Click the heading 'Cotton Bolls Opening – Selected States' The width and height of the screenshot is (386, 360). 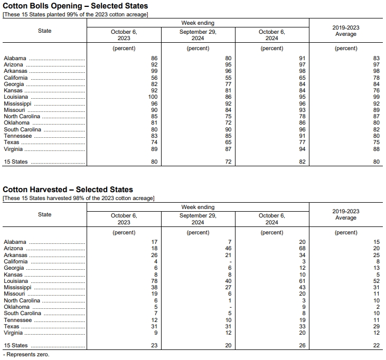[x=76, y=6]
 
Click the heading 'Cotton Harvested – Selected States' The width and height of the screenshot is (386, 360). [x=68, y=190]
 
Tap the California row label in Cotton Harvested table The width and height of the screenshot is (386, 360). [x=16, y=261]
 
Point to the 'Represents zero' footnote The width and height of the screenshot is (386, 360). [x=26, y=355]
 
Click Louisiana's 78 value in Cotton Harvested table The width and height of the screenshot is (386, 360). [x=154, y=281]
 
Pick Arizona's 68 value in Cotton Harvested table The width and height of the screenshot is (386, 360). [x=302, y=248]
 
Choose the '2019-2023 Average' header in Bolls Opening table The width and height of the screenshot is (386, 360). [x=346, y=31]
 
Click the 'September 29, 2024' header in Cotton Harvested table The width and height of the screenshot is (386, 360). [x=198, y=219]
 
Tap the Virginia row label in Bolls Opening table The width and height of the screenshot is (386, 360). [x=14, y=149]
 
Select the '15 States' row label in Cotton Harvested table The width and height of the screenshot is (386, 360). [x=16, y=346]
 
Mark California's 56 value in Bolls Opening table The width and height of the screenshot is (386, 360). [x=154, y=78]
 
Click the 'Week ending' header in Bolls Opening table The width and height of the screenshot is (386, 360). [x=198, y=23]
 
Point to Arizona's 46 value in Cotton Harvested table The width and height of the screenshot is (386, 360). [x=229, y=248]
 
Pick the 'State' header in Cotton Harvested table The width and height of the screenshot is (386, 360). [x=45, y=215]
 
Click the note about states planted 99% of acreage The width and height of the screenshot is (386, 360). [x=76, y=14]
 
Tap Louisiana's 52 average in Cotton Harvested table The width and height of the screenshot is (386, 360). [x=376, y=281]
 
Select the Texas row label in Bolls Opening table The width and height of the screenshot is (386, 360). [x=11, y=143]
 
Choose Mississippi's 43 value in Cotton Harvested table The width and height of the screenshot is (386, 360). [x=302, y=287]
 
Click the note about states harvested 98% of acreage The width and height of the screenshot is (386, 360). [x=79, y=198]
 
